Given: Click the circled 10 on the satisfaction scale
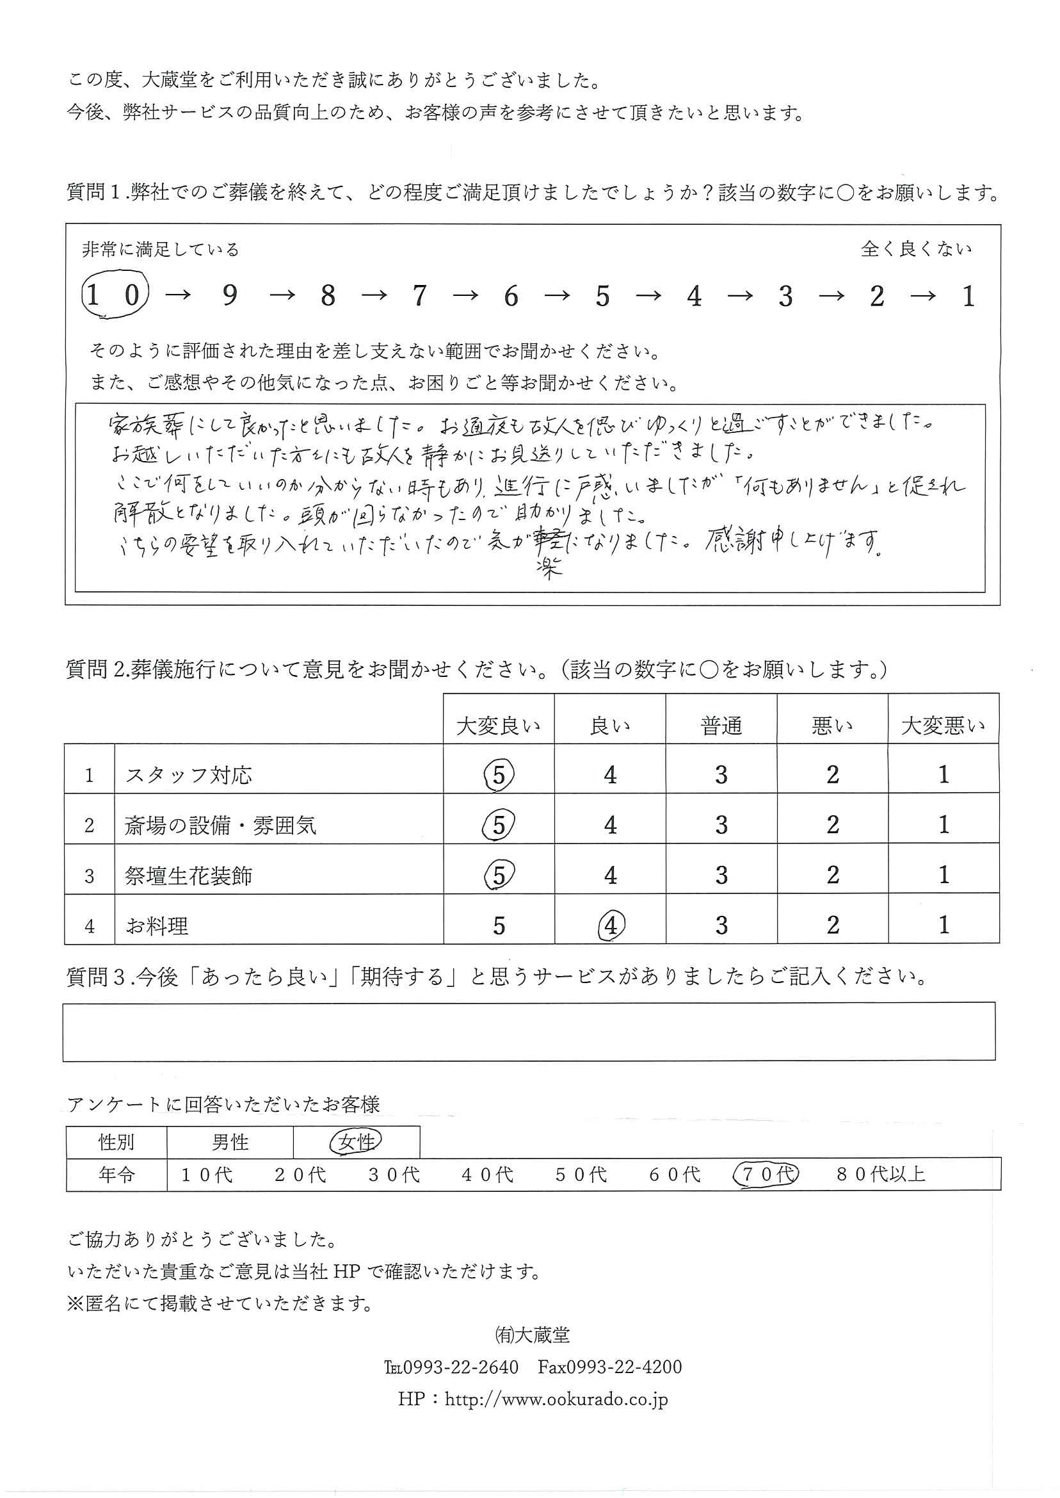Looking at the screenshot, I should click(114, 295).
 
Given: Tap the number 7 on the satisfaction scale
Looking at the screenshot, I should click(419, 297).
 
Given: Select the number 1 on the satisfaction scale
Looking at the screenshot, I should click(968, 297).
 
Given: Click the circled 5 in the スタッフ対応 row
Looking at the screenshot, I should click(499, 775).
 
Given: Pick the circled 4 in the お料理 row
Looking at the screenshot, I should click(610, 925).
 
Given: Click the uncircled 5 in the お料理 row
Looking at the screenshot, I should click(499, 925).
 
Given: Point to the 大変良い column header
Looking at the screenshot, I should click(499, 726).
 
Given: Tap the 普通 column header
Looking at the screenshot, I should click(721, 726).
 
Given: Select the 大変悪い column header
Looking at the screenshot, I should click(942, 726).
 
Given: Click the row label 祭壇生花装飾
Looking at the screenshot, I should click(189, 875).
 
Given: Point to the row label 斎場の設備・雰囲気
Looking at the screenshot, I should click(221, 826).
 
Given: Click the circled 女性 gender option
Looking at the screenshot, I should click(357, 1142).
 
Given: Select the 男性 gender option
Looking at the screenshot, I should click(230, 1142).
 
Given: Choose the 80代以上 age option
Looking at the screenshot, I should click(881, 1174).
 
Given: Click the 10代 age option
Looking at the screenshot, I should click(206, 1175).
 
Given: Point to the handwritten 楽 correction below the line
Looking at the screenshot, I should click(549, 569).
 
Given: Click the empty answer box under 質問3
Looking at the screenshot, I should click(529, 1032).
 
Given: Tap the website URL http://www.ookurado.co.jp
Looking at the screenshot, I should click(556, 1399).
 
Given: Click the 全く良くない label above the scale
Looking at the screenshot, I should click(916, 248).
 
